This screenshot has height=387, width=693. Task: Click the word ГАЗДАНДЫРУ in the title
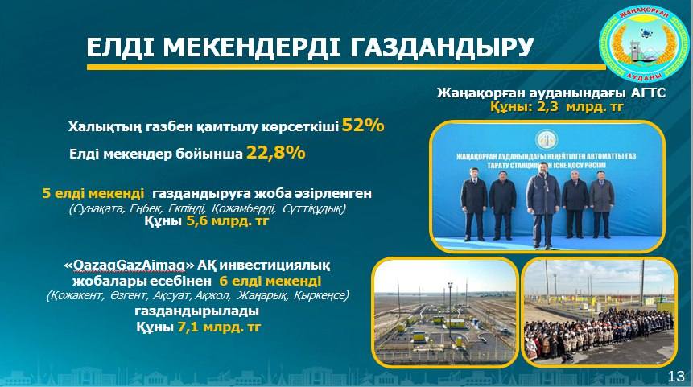[443, 47]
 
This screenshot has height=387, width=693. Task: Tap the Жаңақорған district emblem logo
[642, 47]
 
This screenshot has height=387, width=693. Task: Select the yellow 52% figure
[363, 126]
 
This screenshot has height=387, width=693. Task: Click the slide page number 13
[676, 377]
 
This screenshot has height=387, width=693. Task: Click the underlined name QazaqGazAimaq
[126, 266]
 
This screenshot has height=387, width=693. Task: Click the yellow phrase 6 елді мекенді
[270, 281]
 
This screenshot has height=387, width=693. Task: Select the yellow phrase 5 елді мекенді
[94, 194]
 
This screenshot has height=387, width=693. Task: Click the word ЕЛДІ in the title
[120, 47]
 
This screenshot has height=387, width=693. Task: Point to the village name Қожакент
[76, 296]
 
